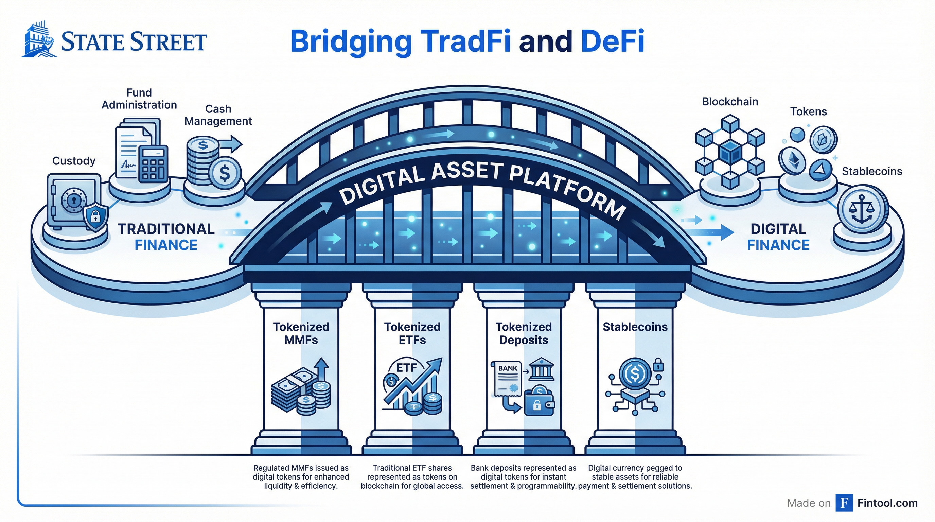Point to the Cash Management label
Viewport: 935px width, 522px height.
tap(218, 115)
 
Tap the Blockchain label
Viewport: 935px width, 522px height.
tap(729, 102)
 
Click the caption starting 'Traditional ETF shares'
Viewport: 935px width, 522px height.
tap(412, 476)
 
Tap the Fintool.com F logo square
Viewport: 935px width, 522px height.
tap(844, 503)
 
